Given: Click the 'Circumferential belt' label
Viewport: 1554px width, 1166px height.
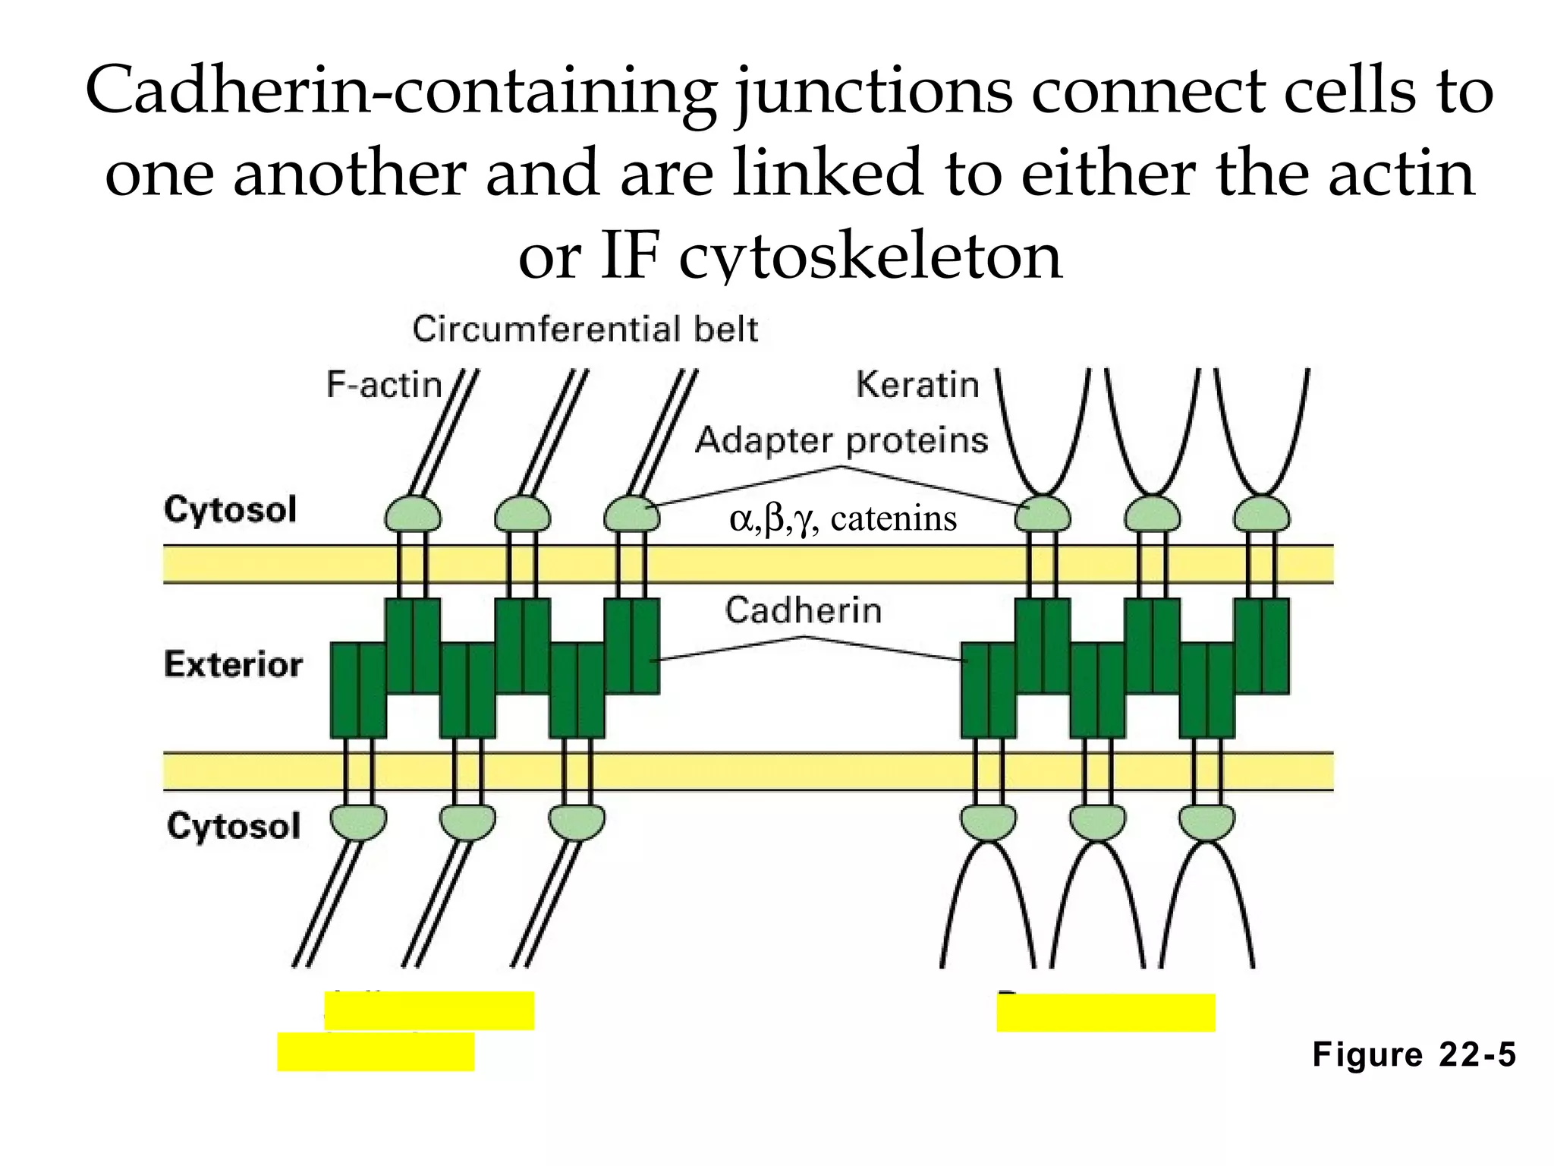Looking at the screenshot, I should (585, 330).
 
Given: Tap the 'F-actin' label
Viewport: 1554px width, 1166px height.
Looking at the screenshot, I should (384, 385).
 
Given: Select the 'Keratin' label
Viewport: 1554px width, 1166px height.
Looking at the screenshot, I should (917, 385).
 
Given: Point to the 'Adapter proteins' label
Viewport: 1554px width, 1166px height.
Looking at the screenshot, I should (841, 440).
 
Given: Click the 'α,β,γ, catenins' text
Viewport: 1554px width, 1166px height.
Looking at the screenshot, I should (843, 519).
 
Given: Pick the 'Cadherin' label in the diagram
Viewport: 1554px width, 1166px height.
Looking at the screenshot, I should (804, 610).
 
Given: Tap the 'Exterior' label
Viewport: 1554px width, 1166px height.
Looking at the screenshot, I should (233, 665).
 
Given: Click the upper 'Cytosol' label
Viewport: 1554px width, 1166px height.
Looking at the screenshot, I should (230, 509).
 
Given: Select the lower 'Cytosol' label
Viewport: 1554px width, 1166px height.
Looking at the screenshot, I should (234, 826).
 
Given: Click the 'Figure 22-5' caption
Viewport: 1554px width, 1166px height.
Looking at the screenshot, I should (1414, 1055).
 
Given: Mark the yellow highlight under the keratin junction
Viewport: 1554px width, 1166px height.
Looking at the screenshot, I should (1106, 1013).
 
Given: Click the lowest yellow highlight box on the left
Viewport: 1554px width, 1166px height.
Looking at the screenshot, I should (376, 1052).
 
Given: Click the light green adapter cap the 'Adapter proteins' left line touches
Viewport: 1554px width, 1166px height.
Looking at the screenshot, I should (631, 514).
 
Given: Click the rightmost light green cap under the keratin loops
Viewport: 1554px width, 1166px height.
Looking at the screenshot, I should (1261, 514).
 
